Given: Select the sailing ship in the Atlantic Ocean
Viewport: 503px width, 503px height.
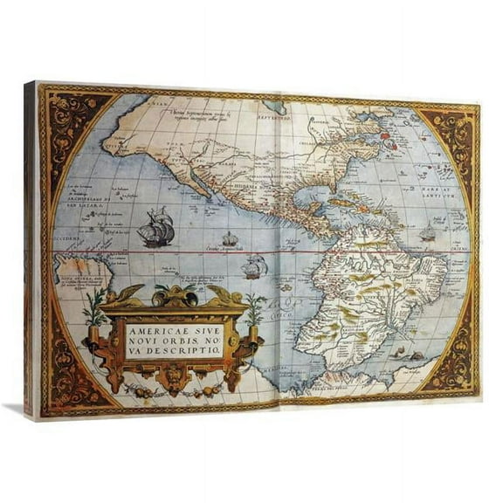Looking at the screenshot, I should point(427,233).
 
